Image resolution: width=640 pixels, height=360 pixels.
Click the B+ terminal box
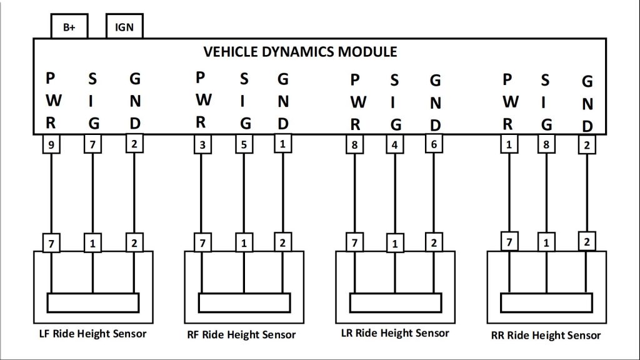(x=69, y=27)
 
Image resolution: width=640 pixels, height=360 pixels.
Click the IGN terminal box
(x=124, y=27)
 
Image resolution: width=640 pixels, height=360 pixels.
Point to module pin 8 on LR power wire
(x=354, y=146)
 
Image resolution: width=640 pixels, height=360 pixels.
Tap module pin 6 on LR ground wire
(x=433, y=144)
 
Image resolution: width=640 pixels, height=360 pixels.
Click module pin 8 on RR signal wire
(x=546, y=146)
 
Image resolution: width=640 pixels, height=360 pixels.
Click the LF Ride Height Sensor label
(x=92, y=333)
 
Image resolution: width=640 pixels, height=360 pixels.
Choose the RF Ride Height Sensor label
(x=241, y=334)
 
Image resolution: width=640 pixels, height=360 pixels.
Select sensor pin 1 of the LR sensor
(x=394, y=244)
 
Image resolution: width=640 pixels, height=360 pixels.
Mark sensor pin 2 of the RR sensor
(x=586, y=241)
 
